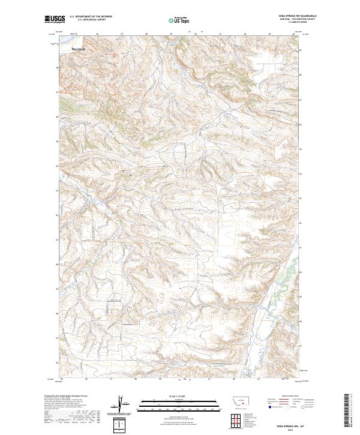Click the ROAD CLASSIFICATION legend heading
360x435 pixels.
[x=290, y=397]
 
